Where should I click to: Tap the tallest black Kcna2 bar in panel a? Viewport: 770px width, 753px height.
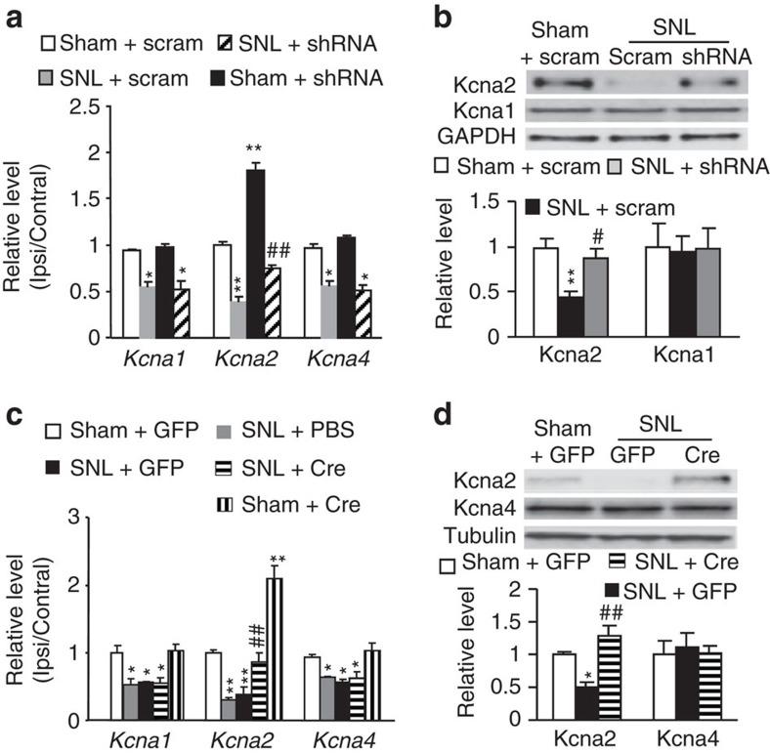tap(255, 253)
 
